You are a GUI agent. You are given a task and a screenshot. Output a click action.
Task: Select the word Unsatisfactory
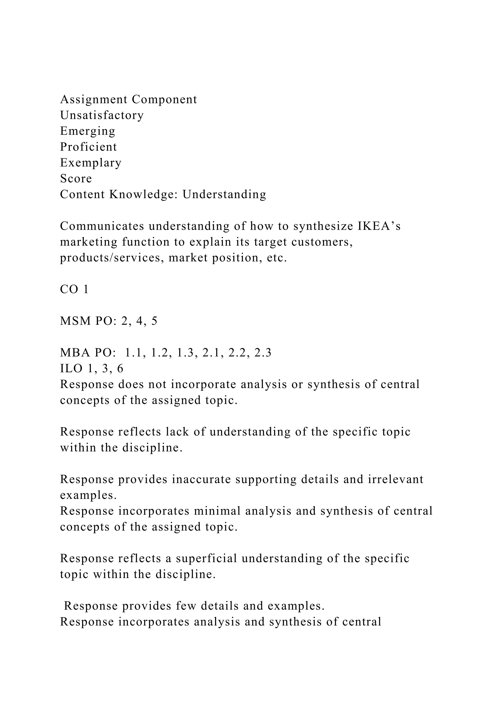coord(102,115)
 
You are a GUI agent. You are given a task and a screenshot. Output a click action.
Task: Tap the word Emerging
coord(88,131)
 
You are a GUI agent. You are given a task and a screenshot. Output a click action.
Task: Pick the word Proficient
coord(88,147)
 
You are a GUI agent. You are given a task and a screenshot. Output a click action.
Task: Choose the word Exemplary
coord(91,163)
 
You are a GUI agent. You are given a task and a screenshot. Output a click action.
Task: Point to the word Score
coord(76,179)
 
